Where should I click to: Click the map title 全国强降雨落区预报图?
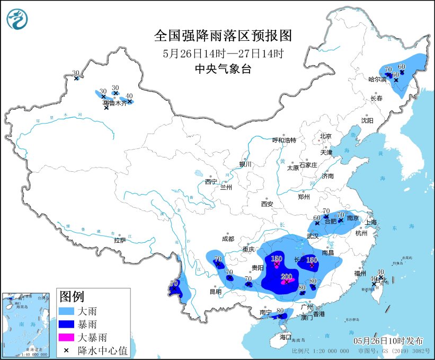223,36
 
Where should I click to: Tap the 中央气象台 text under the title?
223,68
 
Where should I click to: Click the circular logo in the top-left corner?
17,19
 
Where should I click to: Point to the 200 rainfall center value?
287,277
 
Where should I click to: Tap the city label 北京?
325,136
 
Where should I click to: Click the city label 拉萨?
120,240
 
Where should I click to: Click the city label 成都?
228,239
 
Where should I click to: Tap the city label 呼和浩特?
284,140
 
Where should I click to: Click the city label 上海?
370,222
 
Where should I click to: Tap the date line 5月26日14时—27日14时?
223,53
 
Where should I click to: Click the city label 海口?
286,337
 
